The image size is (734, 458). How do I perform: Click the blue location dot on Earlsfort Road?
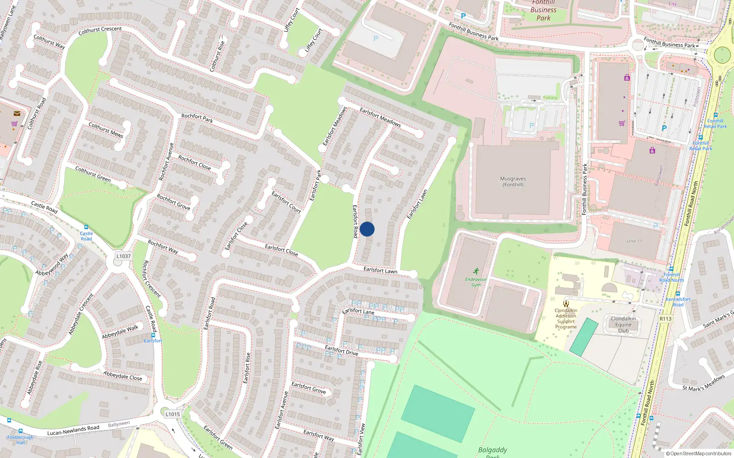(x=367, y=229)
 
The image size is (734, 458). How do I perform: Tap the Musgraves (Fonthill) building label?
(x=513, y=182)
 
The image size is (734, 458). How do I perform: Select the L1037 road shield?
(x=123, y=256)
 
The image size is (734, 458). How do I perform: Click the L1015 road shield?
(x=172, y=414)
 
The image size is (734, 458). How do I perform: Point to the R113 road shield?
(x=665, y=319)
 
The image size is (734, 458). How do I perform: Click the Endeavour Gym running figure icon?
(x=476, y=271)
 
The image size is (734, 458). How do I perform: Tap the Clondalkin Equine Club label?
(x=623, y=324)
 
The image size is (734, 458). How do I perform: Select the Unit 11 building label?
(x=634, y=241)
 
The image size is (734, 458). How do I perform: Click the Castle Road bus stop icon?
(x=86, y=227)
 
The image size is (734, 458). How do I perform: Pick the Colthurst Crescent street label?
(x=100, y=30)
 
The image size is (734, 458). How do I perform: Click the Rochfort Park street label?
(x=197, y=118)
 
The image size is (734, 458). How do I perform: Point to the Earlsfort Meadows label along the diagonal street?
(x=380, y=117)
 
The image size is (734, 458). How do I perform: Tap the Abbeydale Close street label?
(x=122, y=376)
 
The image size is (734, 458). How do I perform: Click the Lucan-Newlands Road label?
(x=73, y=430)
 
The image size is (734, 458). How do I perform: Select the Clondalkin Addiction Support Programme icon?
(x=566, y=303)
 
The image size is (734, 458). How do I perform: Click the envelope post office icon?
(x=17, y=114)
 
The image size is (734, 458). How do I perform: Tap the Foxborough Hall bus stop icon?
(x=20, y=431)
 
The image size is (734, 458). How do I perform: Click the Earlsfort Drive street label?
(x=341, y=350)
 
